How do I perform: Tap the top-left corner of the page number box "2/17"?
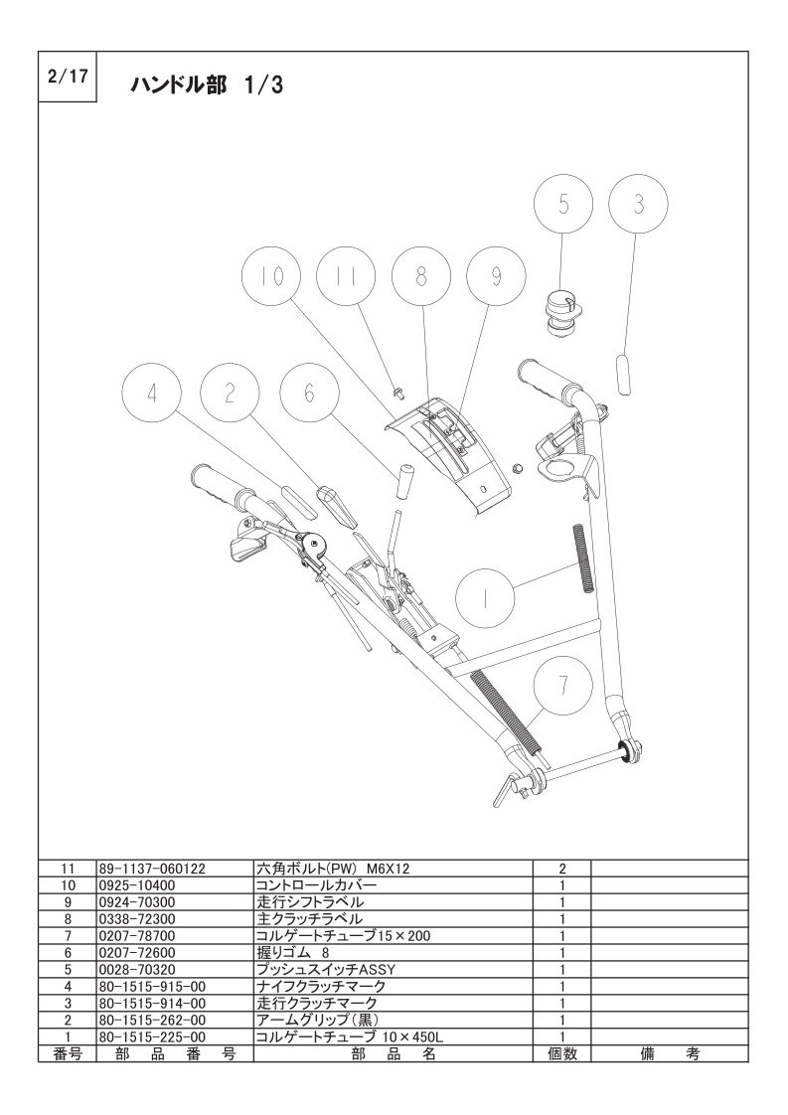(x=39, y=52)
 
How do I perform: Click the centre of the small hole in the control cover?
(x=484, y=489)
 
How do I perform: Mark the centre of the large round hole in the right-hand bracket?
(x=556, y=469)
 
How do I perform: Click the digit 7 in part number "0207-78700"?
(x=126, y=936)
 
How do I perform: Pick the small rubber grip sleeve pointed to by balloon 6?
(x=405, y=483)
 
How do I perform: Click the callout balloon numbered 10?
(x=271, y=276)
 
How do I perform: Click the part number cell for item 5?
(x=174, y=969)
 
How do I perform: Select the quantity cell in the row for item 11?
(x=561, y=869)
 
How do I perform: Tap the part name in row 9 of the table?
(x=309, y=901)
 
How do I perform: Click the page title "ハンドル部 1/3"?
(x=207, y=85)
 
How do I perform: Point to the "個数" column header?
(x=561, y=1053)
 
